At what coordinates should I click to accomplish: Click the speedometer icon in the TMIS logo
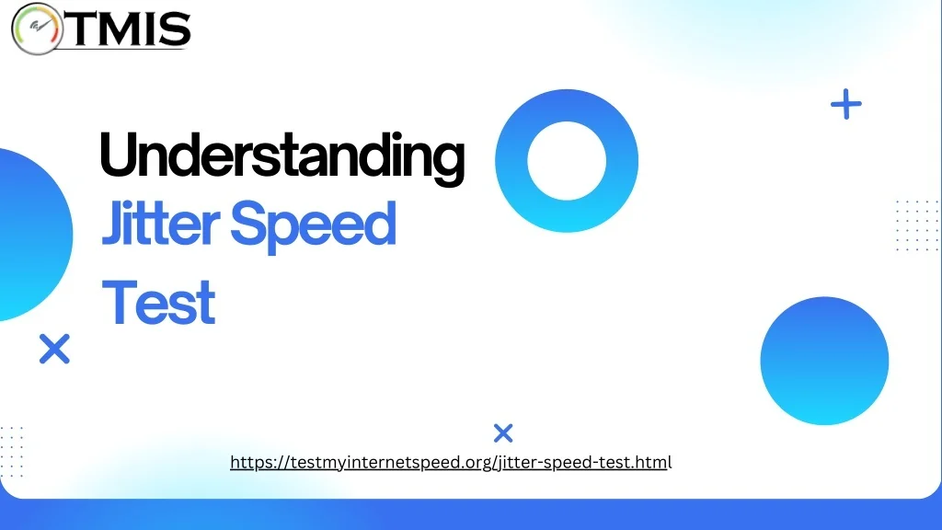point(37,29)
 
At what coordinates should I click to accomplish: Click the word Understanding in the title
point(281,156)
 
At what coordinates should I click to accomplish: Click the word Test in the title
point(158,302)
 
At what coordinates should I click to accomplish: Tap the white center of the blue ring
point(567,160)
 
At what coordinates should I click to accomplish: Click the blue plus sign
point(846,104)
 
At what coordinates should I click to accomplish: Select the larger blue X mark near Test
point(54,349)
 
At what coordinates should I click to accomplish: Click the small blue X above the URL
point(503,432)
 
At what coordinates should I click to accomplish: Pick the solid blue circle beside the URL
point(824,361)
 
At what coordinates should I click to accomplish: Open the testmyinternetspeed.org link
point(451,462)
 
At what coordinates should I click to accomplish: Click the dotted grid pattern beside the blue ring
point(917,225)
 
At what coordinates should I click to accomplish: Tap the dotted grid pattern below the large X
point(11,452)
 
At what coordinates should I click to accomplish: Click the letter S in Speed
point(248,224)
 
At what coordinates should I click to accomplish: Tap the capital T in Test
point(119,302)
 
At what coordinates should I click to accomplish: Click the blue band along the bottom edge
point(471,514)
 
